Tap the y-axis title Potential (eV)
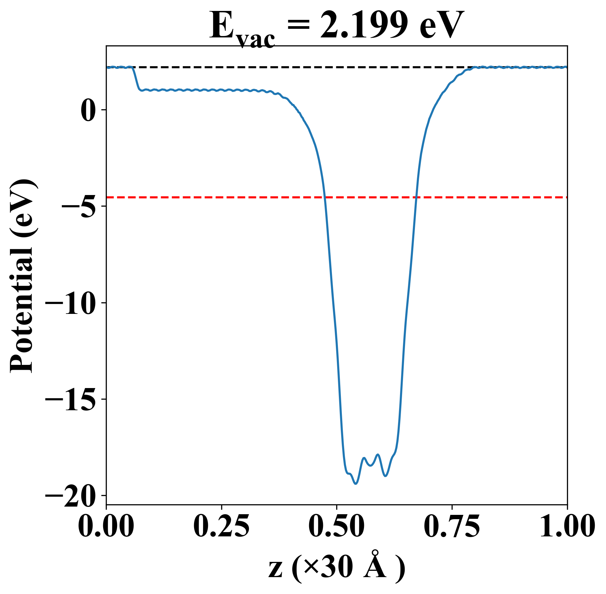coord(22,276)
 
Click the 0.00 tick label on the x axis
coord(106,527)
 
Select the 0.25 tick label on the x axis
coord(221,527)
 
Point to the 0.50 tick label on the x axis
coord(337,527)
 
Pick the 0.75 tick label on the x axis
coord(452,527)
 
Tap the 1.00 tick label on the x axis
coord(567,527)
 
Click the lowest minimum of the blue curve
coord(356,484)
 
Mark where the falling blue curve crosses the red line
coord(325,197)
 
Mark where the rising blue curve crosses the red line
coord(417,197)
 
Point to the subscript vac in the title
coord(256,40)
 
